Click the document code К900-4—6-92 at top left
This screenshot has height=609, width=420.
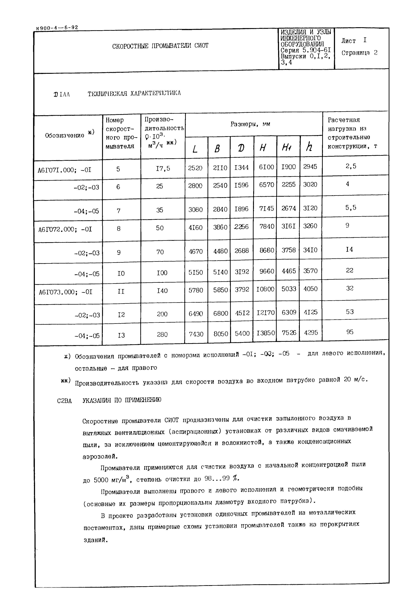[57, 28]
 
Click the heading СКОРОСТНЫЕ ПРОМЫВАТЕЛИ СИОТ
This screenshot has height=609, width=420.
[160, 46]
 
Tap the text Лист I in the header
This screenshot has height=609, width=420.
[354, 41]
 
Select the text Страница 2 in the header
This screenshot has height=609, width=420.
[359, 53]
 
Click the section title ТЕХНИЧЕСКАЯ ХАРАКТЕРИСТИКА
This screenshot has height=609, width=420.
[134, 93]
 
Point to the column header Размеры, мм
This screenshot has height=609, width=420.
[250, 124]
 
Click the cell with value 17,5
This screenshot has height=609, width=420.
[163, 168]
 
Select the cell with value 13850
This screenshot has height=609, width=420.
[265, 333]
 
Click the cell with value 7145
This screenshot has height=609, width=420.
[266, 208]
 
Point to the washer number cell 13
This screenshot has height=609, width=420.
[121, 335]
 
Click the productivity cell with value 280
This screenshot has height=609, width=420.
[162, 334]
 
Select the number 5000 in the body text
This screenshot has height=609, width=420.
[101, 480]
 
